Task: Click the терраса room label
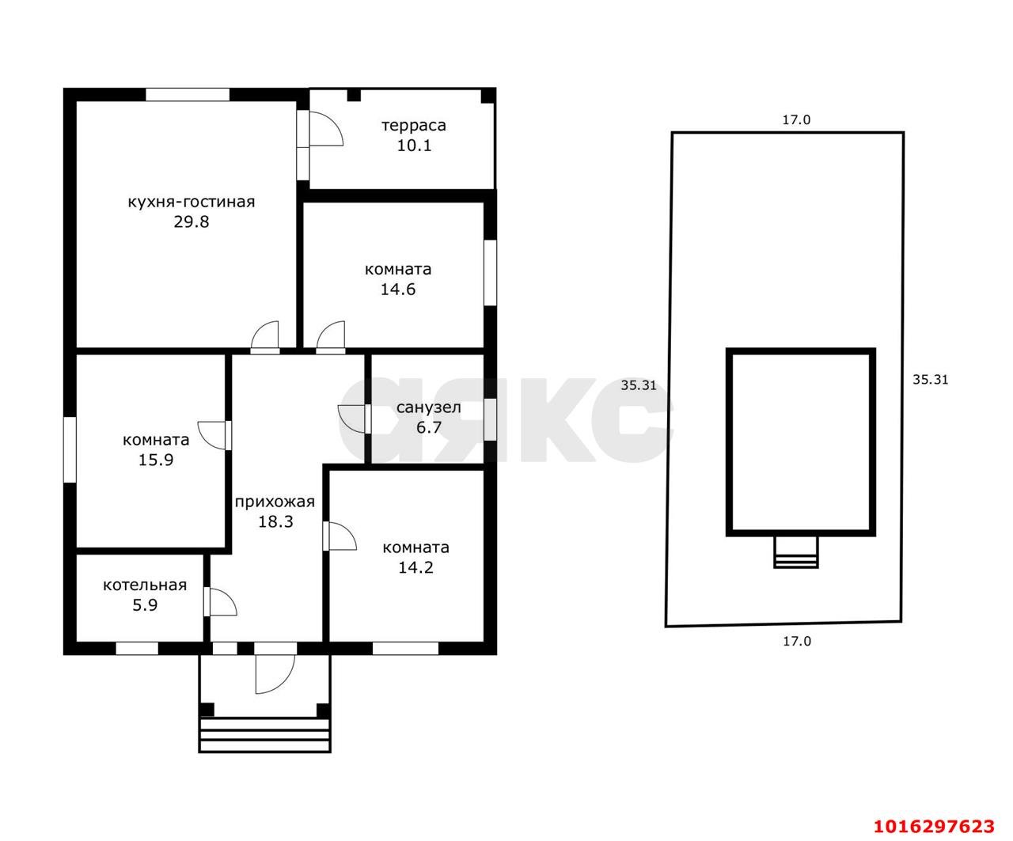click(x=413, y=126)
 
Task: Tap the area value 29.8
click(x=192, y=222)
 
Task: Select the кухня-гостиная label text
click(x=192, y=202)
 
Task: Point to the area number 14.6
click(x=398, y=289)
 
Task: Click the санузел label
click(x=428, y=407)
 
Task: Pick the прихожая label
click(x=275, y=502)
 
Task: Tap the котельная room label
click(x=145, y=585)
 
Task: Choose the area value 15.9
click(x=156, y=460)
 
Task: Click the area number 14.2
click(x=415, y=567)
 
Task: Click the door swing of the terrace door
click(x=326, y=128)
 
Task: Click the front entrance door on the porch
click(x=275, y=674)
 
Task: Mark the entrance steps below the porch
click(x=265, y=735)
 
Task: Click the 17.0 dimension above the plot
click(x=796, y=119)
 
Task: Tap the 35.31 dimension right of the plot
click(x=930, y=379)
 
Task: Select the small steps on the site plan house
click(x=795, y=552)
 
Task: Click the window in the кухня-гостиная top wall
click(x=188, y=95)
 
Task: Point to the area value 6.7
click(x=429, y=427)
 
